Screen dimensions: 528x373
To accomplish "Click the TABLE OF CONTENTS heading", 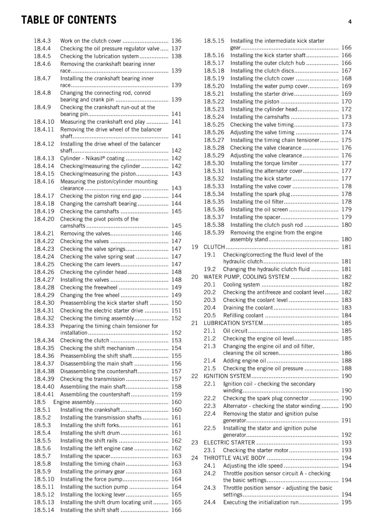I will [69, 20].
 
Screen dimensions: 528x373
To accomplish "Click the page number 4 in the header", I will [350, 22].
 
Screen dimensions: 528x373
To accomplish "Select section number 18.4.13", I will [44, 158].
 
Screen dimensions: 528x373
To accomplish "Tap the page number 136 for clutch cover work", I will [176, 41].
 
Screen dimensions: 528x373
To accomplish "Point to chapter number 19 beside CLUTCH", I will [195, 247].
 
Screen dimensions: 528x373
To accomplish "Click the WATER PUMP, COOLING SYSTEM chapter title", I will [246, 277].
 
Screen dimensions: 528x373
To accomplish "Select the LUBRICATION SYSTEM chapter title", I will [233, 323].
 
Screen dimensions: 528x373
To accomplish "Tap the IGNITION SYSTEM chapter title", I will [227, 376].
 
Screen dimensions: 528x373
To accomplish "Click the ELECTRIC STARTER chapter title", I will [229, 443].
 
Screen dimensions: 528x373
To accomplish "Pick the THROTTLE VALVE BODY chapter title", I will [234, 458].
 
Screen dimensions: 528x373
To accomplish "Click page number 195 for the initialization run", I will [346, 502].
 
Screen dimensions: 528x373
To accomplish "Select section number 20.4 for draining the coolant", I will [210, 308].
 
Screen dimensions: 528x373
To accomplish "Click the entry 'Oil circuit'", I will [235, 331].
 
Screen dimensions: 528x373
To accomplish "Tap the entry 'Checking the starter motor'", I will [255, 450].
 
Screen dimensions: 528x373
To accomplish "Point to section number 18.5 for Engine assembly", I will [40, 402].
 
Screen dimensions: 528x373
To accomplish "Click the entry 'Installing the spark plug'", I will [260, 194].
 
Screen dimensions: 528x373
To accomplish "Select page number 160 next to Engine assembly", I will [176, 402].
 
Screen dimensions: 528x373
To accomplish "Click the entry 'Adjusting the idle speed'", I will [253, 466].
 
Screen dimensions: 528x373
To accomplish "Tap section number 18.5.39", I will [214, 233].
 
